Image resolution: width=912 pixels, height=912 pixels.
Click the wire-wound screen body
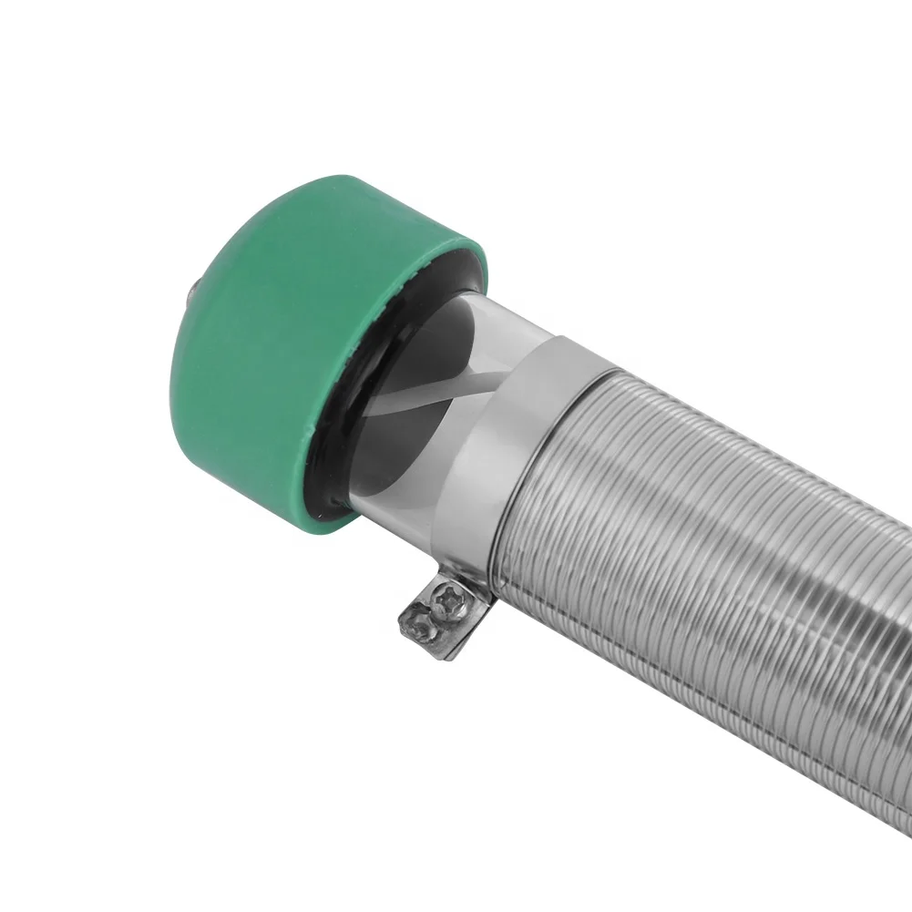(x=711, y=547)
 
